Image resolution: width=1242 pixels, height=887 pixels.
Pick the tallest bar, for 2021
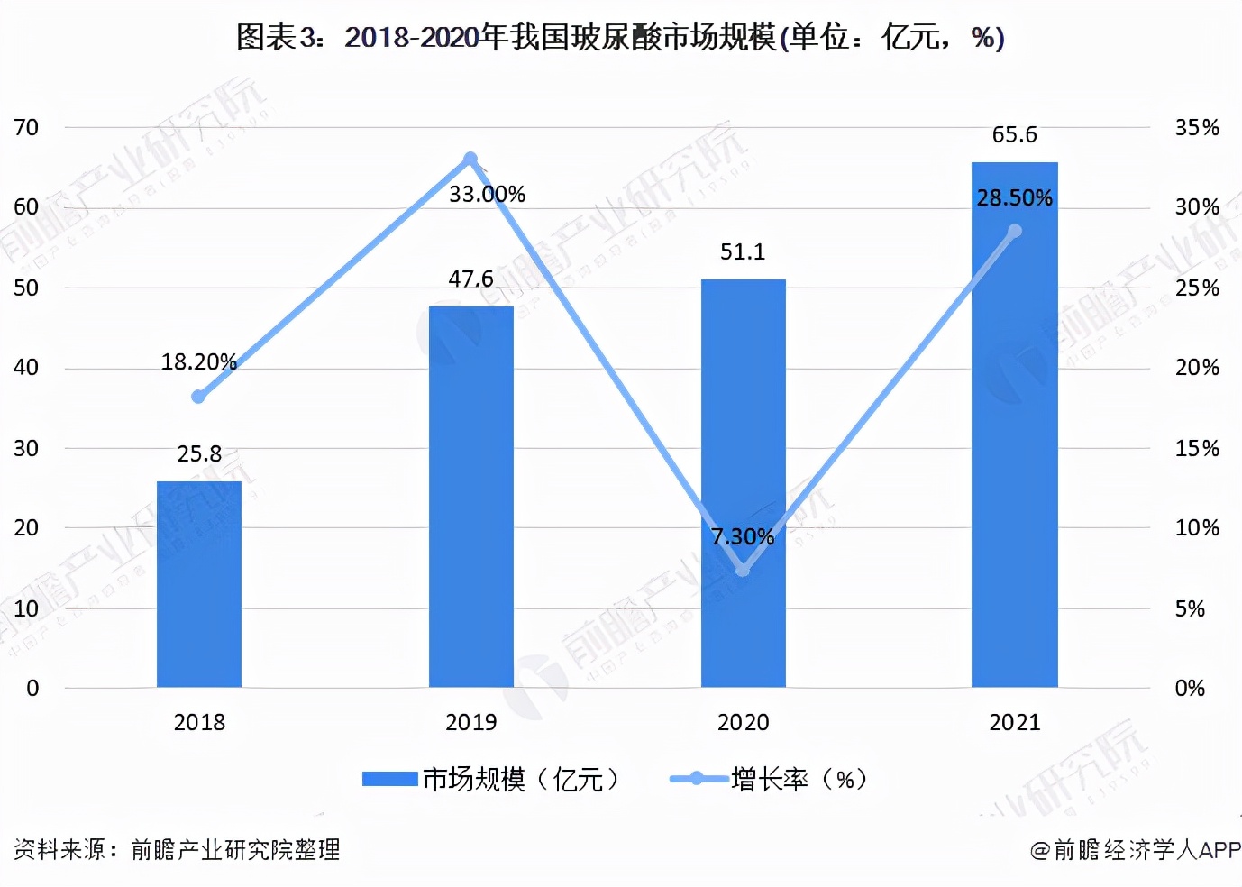[x=1015, y=425]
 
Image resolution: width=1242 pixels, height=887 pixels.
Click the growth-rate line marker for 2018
[x=199, y=397]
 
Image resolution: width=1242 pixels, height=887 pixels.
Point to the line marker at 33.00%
[x=470, y=159]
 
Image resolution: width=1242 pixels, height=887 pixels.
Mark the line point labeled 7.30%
[x=743, y=571]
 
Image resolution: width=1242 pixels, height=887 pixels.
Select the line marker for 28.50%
[x=1015, y=232]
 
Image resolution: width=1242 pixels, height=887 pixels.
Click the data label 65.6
[x=1015, y=135]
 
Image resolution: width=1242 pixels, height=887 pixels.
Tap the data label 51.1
[x=743, y=252]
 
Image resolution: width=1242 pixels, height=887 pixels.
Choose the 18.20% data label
[x=198, y=362]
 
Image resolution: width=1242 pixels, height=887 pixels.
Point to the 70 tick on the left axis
[x=26, y=128]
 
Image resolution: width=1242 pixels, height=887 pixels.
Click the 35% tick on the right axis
[x=1197, y=128]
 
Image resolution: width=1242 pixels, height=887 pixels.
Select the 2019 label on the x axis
[x=471, y=722]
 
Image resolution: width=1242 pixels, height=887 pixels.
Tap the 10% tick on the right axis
[x=1197, y=528]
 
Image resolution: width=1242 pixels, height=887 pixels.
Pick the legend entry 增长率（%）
[x=771, y=779]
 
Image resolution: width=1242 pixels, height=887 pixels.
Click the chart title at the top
[x=620, y=38]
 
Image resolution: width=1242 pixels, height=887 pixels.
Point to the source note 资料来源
[x=177, y=849]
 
